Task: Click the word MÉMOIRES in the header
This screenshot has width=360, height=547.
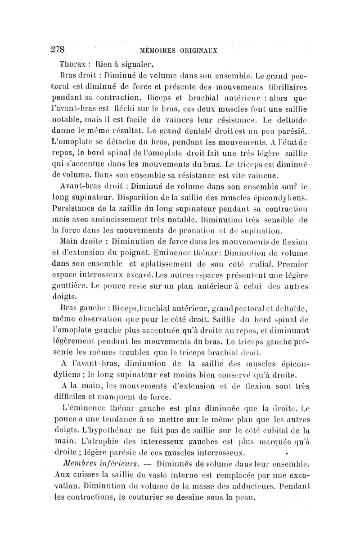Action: point(160,50)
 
